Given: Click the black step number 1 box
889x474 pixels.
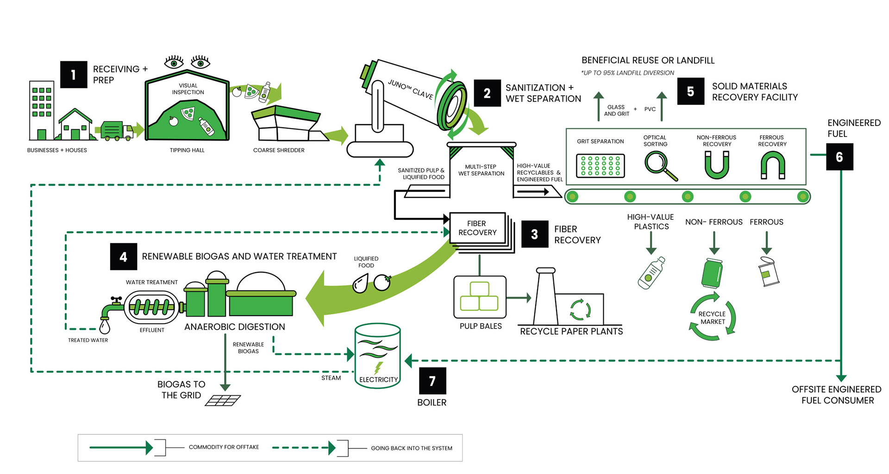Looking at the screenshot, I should [74, 75].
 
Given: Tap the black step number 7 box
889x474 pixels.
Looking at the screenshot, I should [432, 380].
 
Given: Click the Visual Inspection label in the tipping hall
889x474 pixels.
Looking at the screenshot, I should [188, 89].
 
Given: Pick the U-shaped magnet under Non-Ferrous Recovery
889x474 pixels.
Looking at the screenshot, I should [717, 165].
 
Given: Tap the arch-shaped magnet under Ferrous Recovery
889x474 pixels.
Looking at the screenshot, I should [773, 165].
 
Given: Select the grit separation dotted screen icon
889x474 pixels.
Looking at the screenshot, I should [601, 166].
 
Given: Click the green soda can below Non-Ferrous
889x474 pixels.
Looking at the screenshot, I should [712, 273].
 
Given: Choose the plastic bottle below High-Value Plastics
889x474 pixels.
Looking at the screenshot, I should [651, 273].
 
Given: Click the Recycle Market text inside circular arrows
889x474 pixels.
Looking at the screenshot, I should [713, 318].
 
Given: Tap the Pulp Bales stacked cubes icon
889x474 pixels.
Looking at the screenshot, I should [480, 297].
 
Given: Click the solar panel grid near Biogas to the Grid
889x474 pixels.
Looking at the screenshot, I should [223, 400].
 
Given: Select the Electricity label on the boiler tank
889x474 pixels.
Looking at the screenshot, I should [378, 380].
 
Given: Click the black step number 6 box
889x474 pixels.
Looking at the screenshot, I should [839, 157].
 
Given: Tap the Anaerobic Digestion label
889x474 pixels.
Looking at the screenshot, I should [235, 327].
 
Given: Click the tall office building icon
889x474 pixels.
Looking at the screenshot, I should [42, 110].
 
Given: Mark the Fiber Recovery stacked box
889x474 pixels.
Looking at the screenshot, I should [478, 228].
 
